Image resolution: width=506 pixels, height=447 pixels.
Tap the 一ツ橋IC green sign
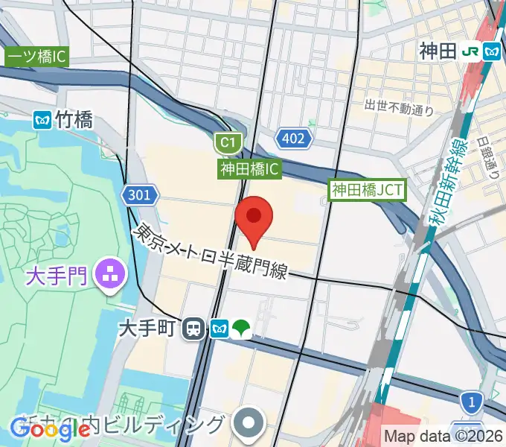point(37,56)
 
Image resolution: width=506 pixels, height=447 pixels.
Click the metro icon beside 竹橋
point(42,118)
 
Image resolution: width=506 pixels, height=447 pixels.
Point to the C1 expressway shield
point(226,142)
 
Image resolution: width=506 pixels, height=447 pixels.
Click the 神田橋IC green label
point(249,169)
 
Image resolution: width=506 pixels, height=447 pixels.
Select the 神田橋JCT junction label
point(367,191)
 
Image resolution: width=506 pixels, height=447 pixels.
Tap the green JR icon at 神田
point(470,51)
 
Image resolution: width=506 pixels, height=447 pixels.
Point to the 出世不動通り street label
point(399,109)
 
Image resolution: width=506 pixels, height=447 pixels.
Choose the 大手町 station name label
point(152,328)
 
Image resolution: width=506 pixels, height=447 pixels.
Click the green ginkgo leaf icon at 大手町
point(242,328)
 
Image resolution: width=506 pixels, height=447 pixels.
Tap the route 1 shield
point(470,402)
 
